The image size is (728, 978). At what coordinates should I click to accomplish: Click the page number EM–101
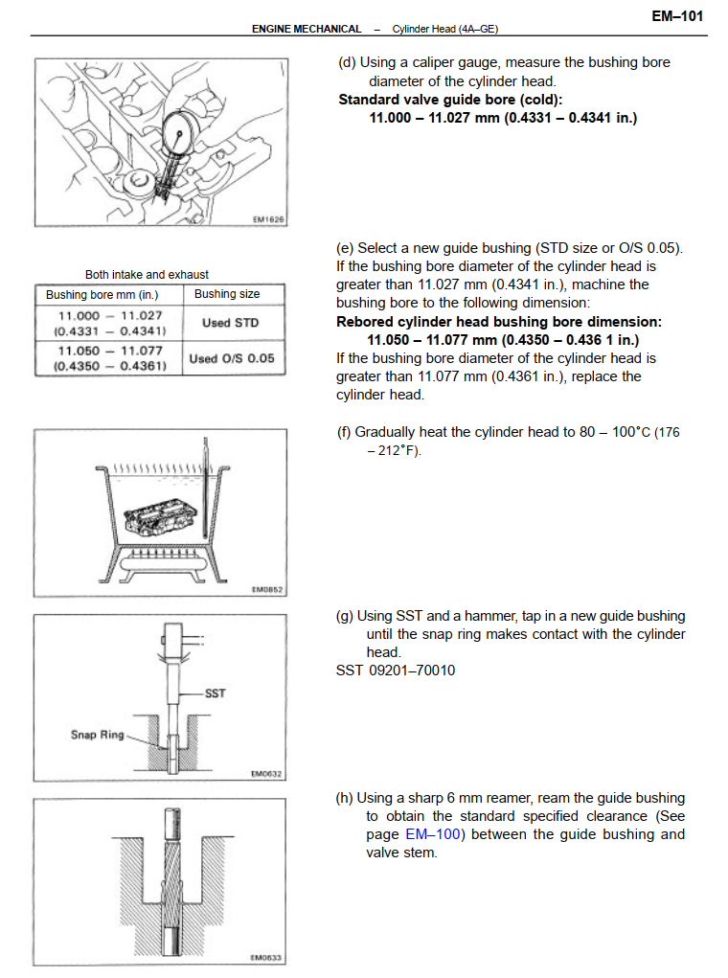click(677, 15)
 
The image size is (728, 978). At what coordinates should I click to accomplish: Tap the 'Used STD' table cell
click(230, 323)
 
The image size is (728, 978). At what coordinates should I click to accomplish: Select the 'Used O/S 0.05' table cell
click(231, 358)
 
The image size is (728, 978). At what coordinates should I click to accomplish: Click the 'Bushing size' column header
click(227, 294)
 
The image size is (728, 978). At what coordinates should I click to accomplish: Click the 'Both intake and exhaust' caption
click(147, 274)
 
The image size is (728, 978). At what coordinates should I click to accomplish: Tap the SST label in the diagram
click(216, 693)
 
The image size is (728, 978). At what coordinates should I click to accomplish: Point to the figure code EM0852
click(268, 590)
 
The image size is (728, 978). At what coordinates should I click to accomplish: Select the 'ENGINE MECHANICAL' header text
click(307, 30)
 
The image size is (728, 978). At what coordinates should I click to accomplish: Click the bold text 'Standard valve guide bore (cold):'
click(450, 99)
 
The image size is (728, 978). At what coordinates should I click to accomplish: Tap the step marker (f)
click(344, 432)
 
